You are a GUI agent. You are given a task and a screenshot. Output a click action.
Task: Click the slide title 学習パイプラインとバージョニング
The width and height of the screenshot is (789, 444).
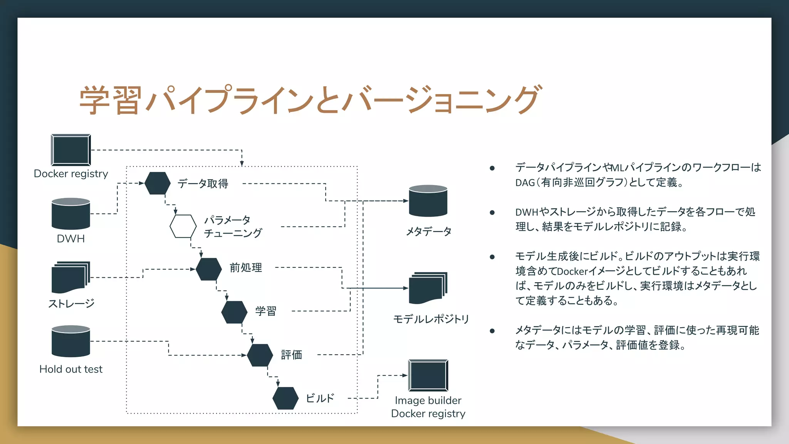click(x=311, y=100)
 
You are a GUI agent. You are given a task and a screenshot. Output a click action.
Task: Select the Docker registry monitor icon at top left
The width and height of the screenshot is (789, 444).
click(x=71, y=150)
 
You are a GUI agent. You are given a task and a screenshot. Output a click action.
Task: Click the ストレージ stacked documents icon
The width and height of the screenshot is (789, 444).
click(x=71, y=277)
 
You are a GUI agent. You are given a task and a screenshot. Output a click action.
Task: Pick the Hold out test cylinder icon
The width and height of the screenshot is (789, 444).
click(x=71, y=341)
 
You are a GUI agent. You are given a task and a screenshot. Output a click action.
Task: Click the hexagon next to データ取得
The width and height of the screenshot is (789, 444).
click(x=157, y=183)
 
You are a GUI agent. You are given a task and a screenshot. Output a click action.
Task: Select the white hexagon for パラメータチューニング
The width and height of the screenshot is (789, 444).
click(x=183, y=226)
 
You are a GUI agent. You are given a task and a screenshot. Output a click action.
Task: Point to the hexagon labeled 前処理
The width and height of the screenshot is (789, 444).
click(x=208, y=269)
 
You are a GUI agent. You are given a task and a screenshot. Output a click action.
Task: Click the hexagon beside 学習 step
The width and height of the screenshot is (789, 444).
click(x=234, y=312)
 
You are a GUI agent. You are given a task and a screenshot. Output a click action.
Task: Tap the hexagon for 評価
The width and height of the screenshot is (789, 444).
click(x=260, y=355)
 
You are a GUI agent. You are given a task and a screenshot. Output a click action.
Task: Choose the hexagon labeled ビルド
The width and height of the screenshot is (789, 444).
click(x=285, y=398)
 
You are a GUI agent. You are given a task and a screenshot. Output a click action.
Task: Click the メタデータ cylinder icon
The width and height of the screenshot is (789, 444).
click(x=428, y=201)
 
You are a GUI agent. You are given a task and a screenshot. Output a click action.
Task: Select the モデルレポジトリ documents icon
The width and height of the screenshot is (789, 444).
click(x=428, y=288)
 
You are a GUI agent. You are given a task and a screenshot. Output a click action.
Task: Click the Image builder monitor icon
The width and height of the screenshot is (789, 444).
click(x=428, y=375)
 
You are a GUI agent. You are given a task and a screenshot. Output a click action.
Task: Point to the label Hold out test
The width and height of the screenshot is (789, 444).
click(x=71, y=369)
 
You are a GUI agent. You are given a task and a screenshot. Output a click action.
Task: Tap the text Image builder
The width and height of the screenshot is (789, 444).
click(x=428, y=400)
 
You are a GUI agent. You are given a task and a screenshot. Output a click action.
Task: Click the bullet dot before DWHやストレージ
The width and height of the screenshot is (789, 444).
click(x=492, y=212)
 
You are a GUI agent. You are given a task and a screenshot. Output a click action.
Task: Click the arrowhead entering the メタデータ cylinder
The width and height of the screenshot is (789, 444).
click(x=406, y=201)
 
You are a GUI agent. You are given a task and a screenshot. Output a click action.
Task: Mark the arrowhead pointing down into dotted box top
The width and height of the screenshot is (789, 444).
click(x=242, y=164)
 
